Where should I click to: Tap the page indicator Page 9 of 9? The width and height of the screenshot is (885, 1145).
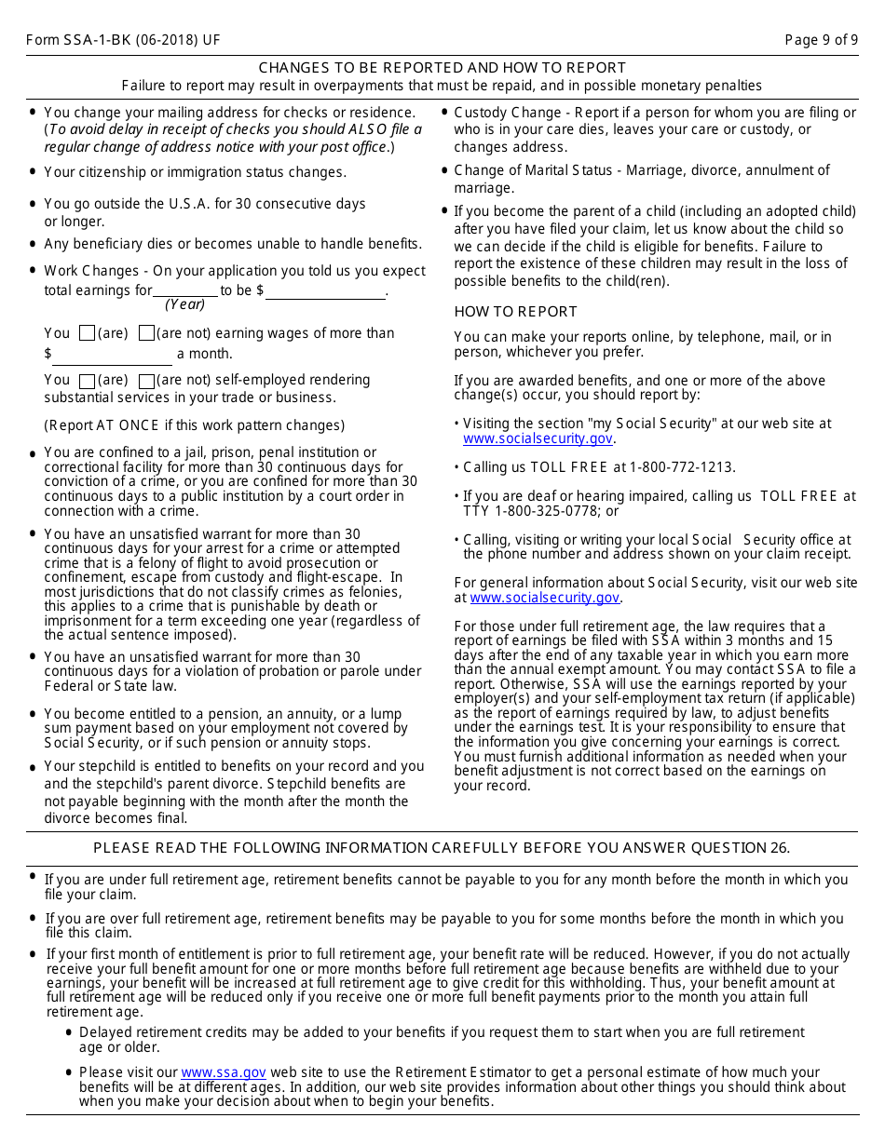821,40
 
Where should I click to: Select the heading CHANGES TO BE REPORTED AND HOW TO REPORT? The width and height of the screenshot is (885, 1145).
442,68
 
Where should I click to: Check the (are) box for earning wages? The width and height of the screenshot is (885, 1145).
88,333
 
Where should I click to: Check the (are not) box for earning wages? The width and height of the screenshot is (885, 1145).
146,333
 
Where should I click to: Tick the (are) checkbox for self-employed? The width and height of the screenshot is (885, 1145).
88,381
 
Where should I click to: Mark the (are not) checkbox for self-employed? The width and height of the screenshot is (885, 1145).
146,381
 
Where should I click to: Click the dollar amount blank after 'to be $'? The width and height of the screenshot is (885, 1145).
325,290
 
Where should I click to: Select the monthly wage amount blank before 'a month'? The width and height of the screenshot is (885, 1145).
113,355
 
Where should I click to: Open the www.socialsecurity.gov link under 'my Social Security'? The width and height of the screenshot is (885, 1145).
538,438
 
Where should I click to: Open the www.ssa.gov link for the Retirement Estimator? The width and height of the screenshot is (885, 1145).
224,1072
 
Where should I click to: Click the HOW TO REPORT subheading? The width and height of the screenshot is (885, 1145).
515,312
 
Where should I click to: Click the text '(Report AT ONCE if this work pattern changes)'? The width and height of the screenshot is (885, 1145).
194,425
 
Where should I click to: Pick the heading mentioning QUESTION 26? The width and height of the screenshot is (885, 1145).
442,848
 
